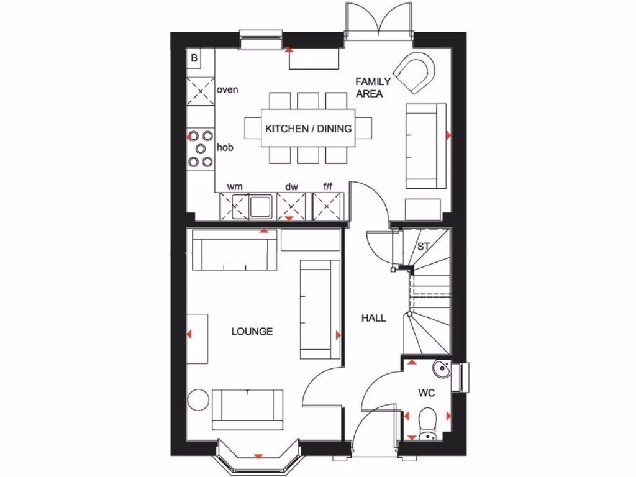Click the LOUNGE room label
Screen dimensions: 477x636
click(252, 332)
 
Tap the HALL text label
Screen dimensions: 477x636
click(374, 318)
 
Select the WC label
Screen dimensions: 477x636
click(425, 393)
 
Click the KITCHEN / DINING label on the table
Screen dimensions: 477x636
click(308, 129)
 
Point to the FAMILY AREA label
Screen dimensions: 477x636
click(373, 88)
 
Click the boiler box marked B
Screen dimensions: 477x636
click(194, 58)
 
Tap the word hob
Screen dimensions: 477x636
click(224, 148)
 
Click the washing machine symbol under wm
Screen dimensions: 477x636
click(234, 206)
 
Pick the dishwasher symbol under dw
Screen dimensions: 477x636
click(292, 206)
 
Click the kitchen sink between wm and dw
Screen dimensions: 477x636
click(261, 206)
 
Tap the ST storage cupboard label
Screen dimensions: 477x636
click(423, 247)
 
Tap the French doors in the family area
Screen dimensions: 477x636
click(379, 22)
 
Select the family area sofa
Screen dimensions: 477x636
click(426, 146)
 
